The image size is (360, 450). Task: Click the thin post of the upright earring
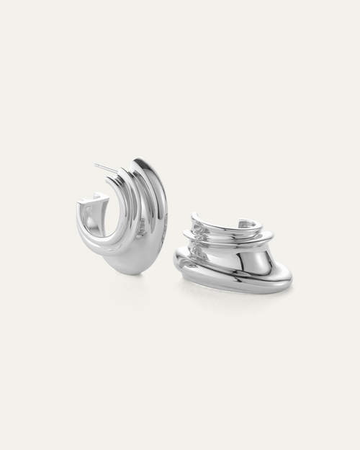tap(106, 168)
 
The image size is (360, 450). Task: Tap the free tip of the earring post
tap(95, 165)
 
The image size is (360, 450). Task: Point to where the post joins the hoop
tap(117, 173)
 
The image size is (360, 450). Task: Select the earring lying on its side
tap(234, 256)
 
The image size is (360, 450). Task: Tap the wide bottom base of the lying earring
tap(238, 277)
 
